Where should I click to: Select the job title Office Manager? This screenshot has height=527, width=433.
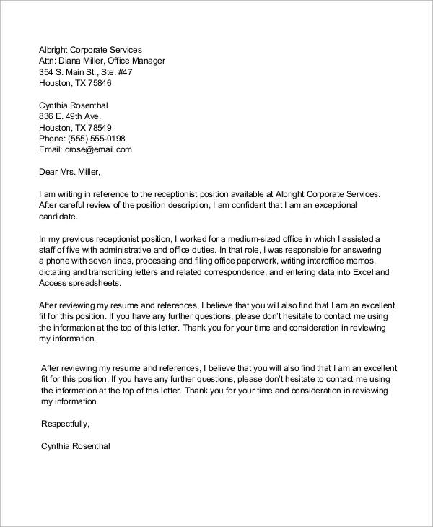tap(139, 61)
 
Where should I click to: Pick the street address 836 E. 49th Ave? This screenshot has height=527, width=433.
tap(70, 116)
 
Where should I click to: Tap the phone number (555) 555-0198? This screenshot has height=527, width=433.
tap(96, 139)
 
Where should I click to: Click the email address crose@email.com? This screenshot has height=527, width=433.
tap(97, 149)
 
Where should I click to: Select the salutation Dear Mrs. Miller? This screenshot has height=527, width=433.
tap(70, 172)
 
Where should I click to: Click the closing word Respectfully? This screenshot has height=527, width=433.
tap(66, 424)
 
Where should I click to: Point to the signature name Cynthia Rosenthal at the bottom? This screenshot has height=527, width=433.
tap(76, 446)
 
